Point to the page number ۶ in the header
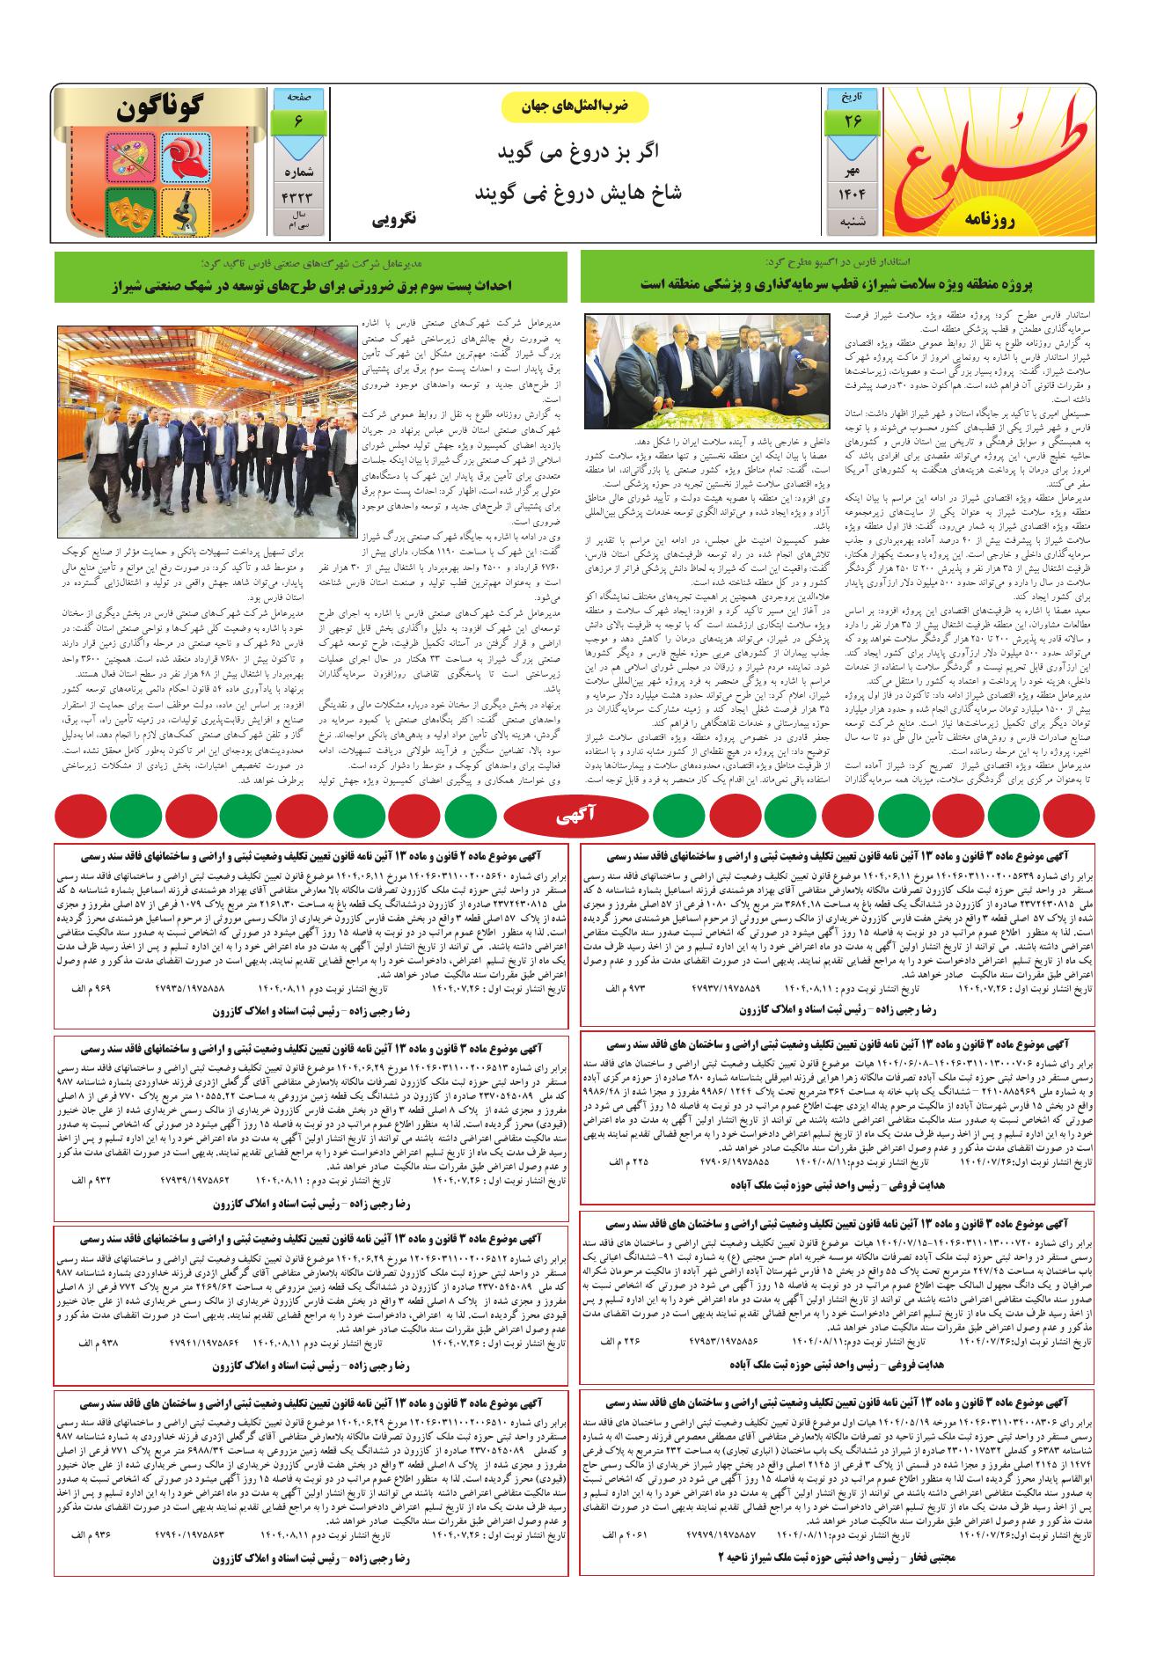coord(299,120)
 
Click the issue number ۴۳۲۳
coord(299,195)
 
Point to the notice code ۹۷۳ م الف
coord(624,989)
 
